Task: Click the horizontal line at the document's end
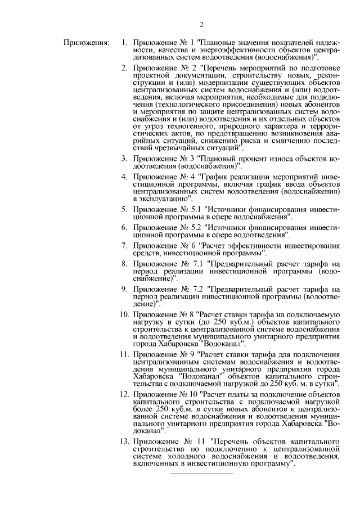[201, 474]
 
